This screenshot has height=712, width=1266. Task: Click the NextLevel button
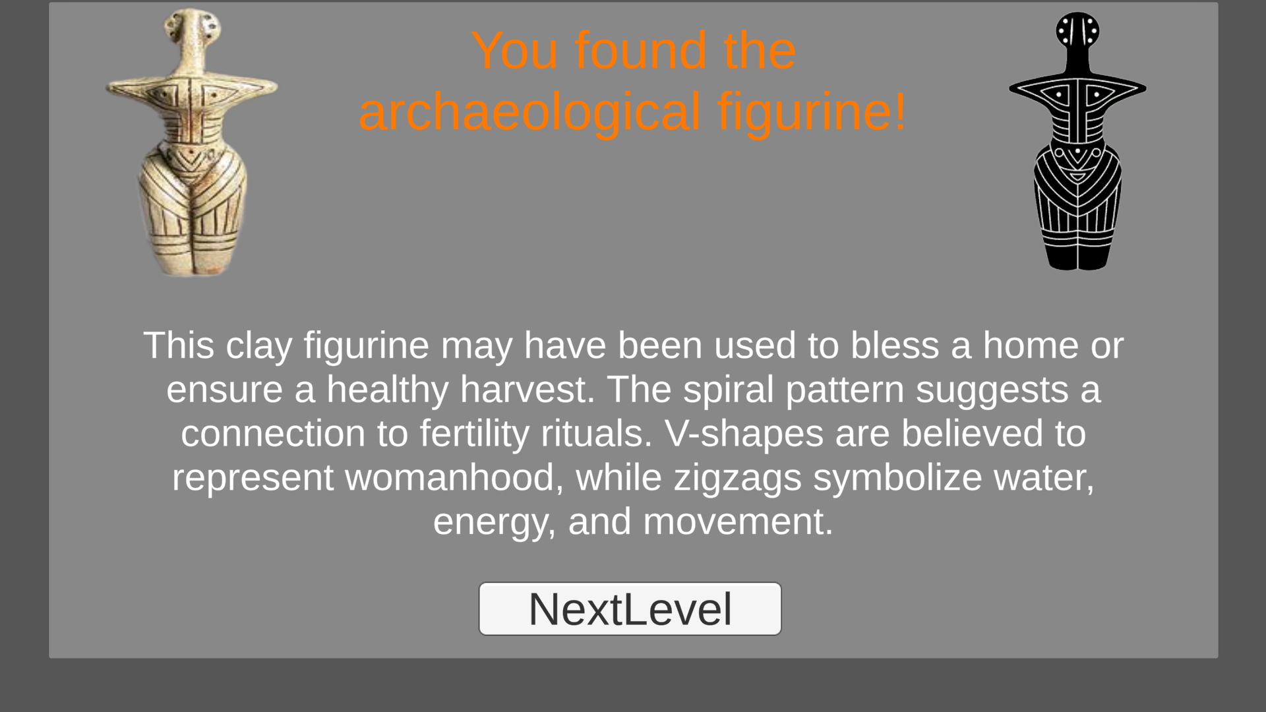point(630,608)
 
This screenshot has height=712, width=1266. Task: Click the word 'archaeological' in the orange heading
point(529,112)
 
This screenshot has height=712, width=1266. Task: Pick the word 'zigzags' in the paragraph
point(737,477)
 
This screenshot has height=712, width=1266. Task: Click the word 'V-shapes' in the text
point(744,433)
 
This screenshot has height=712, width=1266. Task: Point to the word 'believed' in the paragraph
point(973,433)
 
